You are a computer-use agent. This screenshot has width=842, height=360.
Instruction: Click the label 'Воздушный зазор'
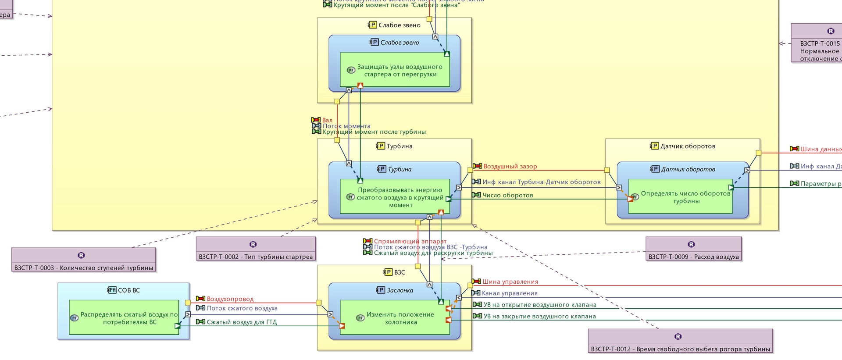[x=510, y=167]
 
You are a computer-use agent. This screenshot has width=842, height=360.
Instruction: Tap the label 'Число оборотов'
[x=507, y=195]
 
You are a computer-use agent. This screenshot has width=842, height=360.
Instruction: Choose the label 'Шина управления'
[x=510, y=282]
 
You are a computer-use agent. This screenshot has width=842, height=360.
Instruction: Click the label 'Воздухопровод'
[x=230, y=299]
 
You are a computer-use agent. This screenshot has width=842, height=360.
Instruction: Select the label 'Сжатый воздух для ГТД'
[x=242, y=322]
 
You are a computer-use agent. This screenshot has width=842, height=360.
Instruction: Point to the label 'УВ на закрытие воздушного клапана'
[x=539, y=316]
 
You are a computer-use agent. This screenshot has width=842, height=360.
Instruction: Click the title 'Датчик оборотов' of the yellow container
[x=688, y=146]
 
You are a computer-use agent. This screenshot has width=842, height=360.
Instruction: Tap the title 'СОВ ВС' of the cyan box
[x=128, y=290]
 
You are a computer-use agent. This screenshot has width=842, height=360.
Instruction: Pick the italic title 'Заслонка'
[x=400, y=290]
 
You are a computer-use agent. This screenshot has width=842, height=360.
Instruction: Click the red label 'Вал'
[x=327, y=120]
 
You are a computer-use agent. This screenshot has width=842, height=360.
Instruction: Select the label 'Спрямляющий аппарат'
[x=410, y=241]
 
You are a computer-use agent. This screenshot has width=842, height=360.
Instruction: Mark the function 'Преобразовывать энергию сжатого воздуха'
[x=400, y=197]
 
